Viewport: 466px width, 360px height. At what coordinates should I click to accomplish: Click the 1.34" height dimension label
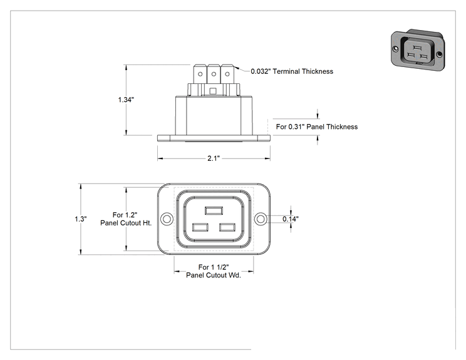tap(126, 100)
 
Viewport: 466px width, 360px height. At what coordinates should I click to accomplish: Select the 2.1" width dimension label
tap(214, 158)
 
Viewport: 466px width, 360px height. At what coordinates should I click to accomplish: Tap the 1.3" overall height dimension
tap(81, 219)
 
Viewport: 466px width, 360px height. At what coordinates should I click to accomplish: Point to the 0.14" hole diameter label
tap(291, 219)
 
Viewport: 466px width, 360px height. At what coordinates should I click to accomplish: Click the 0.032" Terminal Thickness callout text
tap(292, 71)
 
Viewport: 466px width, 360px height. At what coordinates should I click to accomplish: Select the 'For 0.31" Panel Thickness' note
tap(317, 127)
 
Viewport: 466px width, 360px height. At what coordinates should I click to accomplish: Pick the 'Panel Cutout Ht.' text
tap(126, 223)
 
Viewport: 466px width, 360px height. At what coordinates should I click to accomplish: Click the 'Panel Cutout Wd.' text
tap(214, 275)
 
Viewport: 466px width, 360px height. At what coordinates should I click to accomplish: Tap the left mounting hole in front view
tap(167, 219)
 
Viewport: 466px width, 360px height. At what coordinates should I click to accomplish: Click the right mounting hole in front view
tap(261, 219)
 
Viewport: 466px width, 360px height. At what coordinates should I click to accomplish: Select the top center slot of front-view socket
tap(214, 210)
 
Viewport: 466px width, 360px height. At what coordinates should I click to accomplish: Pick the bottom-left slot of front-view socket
tap(200, 227)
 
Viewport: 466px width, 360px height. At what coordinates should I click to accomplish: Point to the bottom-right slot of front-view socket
tap(227, 227)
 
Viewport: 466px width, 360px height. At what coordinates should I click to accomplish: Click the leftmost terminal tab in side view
tap(200, 74)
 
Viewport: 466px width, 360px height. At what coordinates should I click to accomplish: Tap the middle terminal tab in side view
tap(214, 74)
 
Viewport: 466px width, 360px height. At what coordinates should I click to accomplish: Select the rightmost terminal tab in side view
tap(227, 74)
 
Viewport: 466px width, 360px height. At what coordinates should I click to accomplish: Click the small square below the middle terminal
tap(213, 91)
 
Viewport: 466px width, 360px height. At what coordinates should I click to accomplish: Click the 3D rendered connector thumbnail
tap(418, 50)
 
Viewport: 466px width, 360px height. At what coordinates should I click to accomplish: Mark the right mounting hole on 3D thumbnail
tap(439, 54)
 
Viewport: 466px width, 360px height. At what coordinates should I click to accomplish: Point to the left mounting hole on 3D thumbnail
tap(395, 48)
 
